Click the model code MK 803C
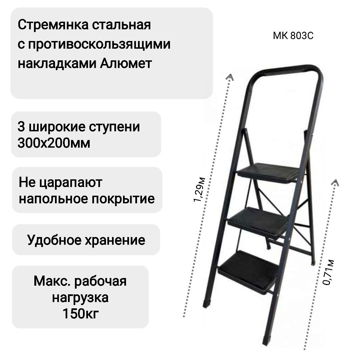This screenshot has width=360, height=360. click(293, 36)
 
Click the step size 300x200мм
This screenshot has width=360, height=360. click(54, 143)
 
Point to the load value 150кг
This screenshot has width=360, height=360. click(80, 314)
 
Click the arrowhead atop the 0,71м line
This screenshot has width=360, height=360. click(336, 182)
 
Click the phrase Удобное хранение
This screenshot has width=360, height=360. click(86, 240)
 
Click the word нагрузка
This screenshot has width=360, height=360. click(80, 297)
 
